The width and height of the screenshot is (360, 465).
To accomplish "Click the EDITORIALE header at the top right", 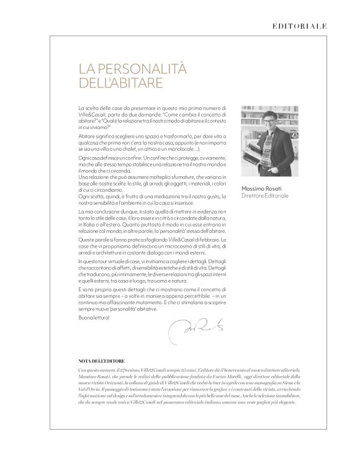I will click(x=300, y=26).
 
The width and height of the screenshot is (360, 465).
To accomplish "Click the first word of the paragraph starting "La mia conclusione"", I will click(x=82, y=213).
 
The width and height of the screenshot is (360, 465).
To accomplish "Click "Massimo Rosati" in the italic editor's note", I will click(x=94, y=377).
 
